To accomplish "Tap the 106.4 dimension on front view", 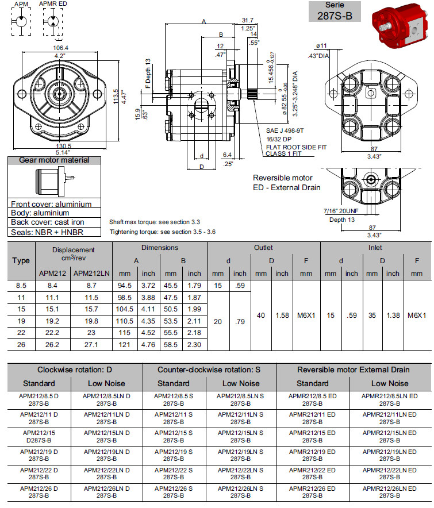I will (60, 48).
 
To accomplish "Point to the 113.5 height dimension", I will (116, 93).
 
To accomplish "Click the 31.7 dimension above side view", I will (248, 21).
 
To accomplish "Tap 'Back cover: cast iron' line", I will (48, 222).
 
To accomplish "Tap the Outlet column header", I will (263, 248).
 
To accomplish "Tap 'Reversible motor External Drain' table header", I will (353, 370).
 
